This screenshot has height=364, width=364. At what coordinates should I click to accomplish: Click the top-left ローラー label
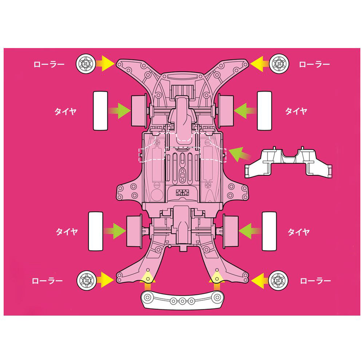click(x=49, y=64)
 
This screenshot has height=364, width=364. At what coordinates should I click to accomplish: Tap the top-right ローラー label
click(x=314, y=64)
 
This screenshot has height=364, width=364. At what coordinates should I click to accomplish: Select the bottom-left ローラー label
click(x=47, y=281)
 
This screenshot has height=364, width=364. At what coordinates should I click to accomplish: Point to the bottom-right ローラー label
click(x=315, y=281)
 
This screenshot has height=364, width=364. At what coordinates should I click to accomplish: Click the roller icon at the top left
click(x=86, y=63)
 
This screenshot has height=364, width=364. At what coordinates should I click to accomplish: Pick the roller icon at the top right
click(x=279, y=63)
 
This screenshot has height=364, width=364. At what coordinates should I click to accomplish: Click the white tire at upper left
click(x=100, y=111)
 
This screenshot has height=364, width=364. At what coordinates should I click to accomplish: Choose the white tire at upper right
click(x=264, y=111)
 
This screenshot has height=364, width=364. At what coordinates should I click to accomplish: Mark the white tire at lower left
click(x=96, y=231)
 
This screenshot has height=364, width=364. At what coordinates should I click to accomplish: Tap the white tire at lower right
click(x=269, y=231)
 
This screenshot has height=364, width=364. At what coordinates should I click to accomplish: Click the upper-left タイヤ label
click(x=65, y=111)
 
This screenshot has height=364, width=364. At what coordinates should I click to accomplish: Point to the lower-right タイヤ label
click(x=298, y=232)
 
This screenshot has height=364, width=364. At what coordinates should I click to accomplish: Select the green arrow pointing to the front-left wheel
click(x=119, y=111)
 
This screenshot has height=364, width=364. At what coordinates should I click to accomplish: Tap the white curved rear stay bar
click(x=182, y=300)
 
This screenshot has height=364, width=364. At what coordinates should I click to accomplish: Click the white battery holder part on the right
click(x=288, y=162)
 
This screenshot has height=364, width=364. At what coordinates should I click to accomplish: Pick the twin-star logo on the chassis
click(x=182, y=193)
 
